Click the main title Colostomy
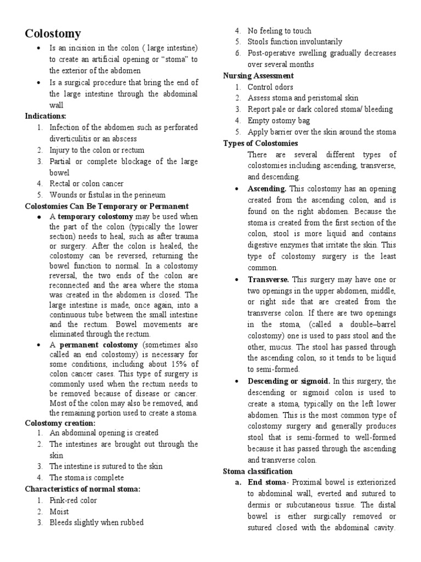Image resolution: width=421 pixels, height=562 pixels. pyautogui.click(x=53, y=34)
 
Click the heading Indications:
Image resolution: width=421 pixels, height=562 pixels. pyautogui.click(x=45, y=116)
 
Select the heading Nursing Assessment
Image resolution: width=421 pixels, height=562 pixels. pyautogui.click(x=258, y=76)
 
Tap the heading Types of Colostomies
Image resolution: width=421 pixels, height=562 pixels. pyautogui.click(x=260, y=143)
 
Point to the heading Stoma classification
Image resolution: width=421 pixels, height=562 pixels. pyautogui.click(x=258, y=471)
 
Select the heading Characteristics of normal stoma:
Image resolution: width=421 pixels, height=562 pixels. pyautogui.click(x=83, y=489)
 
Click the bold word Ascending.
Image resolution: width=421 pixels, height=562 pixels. pyautogui.click(x=268, y=189)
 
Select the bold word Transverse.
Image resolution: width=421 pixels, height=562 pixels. pyautogui.click(x=269, y=279)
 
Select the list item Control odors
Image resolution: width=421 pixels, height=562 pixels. pyautogui.click(x=270, y=87)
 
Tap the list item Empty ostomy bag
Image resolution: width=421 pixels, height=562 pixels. pyautogui.click(x=278, y=121)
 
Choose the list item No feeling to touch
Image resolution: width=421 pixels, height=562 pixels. pyautogui.click(x=279, y=31)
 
